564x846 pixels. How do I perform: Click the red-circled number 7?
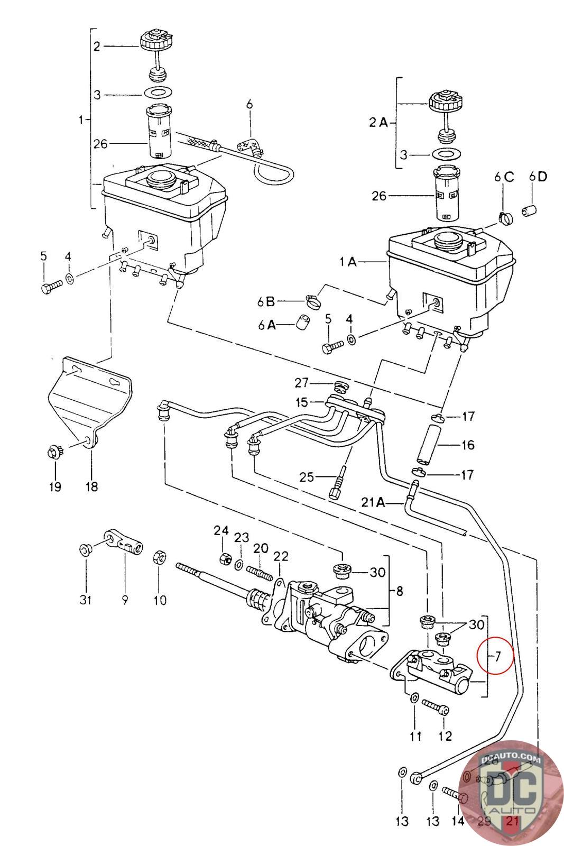tap(497, 657)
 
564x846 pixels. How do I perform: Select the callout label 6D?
tap(538, 177)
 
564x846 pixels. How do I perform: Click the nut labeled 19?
tap(53, 453)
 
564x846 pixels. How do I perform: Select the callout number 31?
tap(86, 600)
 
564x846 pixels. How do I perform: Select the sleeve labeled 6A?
tap(303, 323)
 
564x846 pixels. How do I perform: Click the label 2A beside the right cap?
tap(378, 123)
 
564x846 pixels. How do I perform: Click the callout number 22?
tap(281, 556)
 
